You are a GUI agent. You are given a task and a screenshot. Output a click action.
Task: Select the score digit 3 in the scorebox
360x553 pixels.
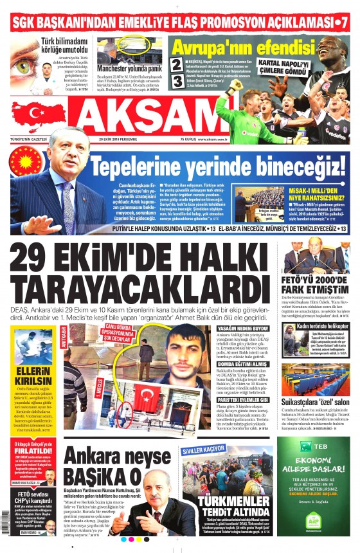(x=177, y=82)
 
